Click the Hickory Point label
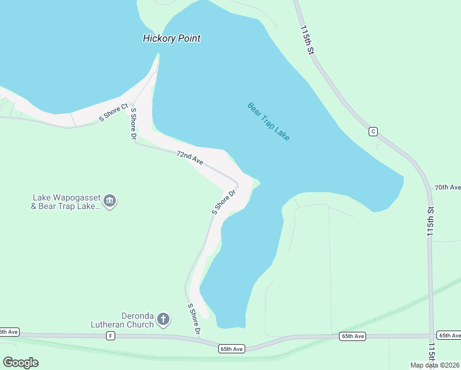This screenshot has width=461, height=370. [171, 38]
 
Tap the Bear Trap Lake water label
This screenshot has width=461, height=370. [268, 121]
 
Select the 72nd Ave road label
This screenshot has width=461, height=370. [190, 157]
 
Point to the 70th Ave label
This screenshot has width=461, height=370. [447, 187]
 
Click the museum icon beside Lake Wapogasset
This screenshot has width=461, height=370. [110, 201]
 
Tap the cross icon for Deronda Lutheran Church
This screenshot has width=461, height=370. [163, 319]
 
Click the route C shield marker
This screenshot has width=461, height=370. [373, 131]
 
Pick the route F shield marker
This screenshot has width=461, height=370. [110, 335]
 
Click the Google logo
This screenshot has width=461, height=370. [20, 363]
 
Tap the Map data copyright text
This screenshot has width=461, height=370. [434, 365]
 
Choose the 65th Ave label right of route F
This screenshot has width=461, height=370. [353, 336]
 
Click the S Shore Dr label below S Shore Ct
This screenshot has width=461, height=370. [133, 125]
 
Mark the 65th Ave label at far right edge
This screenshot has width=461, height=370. [448, 335]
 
